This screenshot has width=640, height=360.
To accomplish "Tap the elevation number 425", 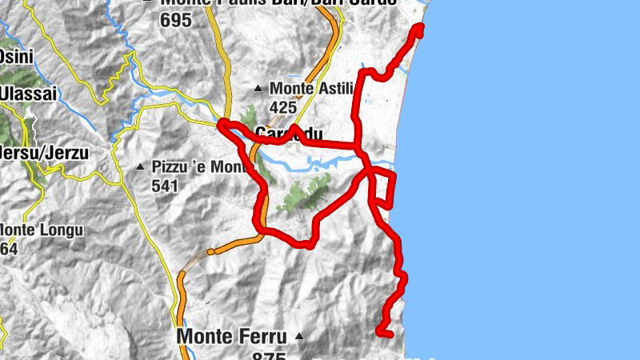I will point(283,106).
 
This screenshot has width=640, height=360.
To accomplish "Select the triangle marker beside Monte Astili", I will point(258,88).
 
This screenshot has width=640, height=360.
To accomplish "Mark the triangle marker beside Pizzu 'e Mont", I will point(140,167).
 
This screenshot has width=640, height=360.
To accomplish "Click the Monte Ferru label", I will point(231,336).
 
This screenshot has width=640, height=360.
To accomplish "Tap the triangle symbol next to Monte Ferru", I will point(298,336).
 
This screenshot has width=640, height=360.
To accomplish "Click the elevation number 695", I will point(176,20).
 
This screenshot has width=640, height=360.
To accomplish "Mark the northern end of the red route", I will point(418,29).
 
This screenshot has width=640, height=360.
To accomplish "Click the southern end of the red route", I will point(381,332).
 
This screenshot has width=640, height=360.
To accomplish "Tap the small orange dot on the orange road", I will point(210,252).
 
